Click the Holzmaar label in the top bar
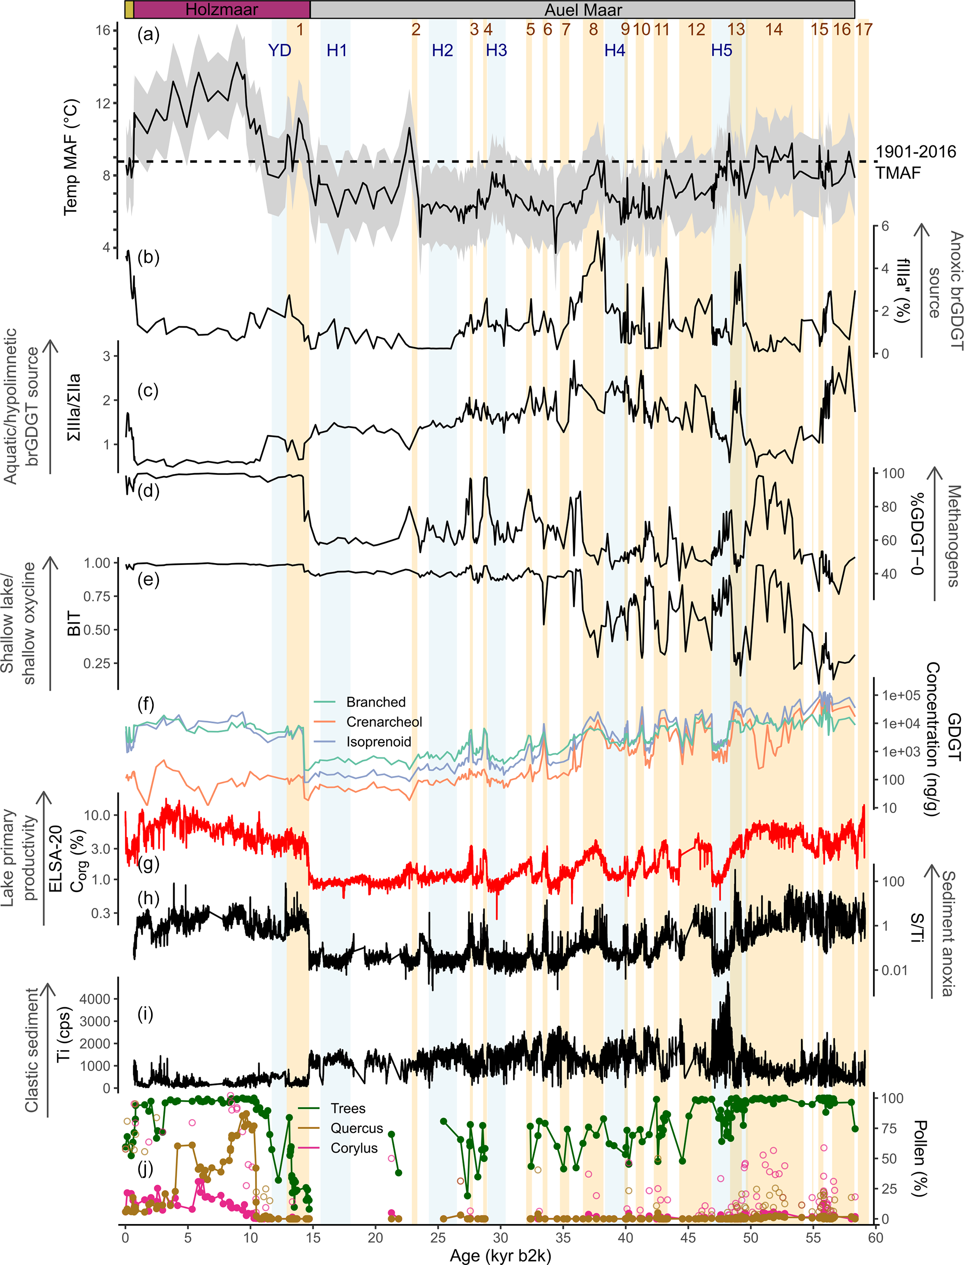tap(222, 10)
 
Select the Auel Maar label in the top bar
tap(583, 10)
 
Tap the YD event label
tap(279, 50)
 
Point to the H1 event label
tap(337, 50)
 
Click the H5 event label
tap(721, 50)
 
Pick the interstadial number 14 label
tap(774, 29)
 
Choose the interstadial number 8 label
tap(593, 29)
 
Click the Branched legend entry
tap(375, 702)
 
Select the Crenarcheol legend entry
tap(384, 722)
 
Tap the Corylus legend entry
tap(354, 1148)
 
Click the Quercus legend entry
tap(356, 1128)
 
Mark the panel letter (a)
tap(148, 35)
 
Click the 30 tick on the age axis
tap(500, 1237)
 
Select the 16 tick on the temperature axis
tap(103, 30)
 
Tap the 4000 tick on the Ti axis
tap(95, 999)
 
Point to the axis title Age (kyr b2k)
tap(500, 1256)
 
